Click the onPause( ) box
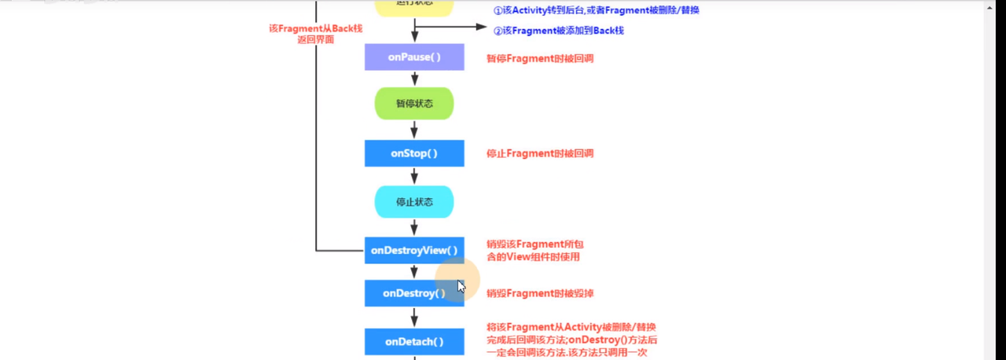414,57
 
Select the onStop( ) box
414,153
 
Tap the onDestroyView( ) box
414,251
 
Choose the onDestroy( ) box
414,293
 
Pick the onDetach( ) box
414,342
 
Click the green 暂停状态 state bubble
414,104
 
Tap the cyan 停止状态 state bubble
414,202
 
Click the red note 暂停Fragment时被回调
539,58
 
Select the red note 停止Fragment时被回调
539,154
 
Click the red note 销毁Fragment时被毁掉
539,294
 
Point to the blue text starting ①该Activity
596,11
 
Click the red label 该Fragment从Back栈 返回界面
316,34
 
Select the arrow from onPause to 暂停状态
414,79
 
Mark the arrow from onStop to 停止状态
414,176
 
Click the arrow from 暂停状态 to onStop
414,130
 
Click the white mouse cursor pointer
461,286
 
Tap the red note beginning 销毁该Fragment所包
534,251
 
